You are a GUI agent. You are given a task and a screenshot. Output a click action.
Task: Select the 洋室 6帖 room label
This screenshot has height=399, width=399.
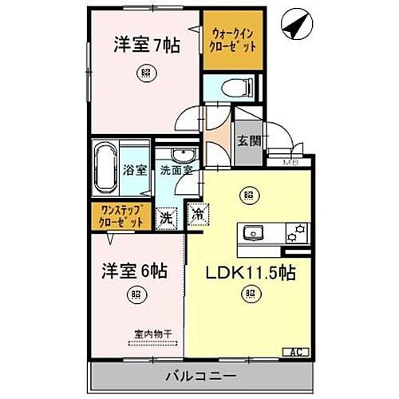click(x=133, y=271)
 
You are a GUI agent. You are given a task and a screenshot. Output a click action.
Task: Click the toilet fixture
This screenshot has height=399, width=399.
click(x=235, y=86)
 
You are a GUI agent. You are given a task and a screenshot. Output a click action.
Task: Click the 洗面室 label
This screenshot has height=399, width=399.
click(x=175, y=170)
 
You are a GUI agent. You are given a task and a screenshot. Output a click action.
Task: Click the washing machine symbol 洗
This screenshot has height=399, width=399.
click(x=166, y=216)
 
